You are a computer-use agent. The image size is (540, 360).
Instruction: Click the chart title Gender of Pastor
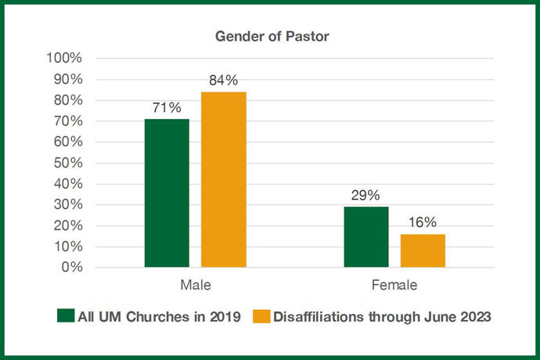tap(270, 36)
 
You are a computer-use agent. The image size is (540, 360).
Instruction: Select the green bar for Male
tap(167, 193)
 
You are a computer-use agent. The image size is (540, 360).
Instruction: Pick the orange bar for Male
tap(224, 180)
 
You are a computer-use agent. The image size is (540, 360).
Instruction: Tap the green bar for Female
tap(366, 237)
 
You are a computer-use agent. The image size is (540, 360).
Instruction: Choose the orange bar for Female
tap(423, 250)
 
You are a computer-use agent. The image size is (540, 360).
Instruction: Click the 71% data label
tap(167, 108)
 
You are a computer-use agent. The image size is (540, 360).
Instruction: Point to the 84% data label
tap(224, 81)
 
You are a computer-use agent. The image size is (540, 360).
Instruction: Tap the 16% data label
tap(423, 223)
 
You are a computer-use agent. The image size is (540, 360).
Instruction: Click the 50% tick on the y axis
tap(67, 163)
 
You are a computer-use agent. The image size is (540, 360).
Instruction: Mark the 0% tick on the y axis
tap(71, 268)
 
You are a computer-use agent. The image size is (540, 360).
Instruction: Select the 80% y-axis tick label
tap(67, 100)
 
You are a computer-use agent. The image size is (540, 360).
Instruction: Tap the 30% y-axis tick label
tap(67, 205)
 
